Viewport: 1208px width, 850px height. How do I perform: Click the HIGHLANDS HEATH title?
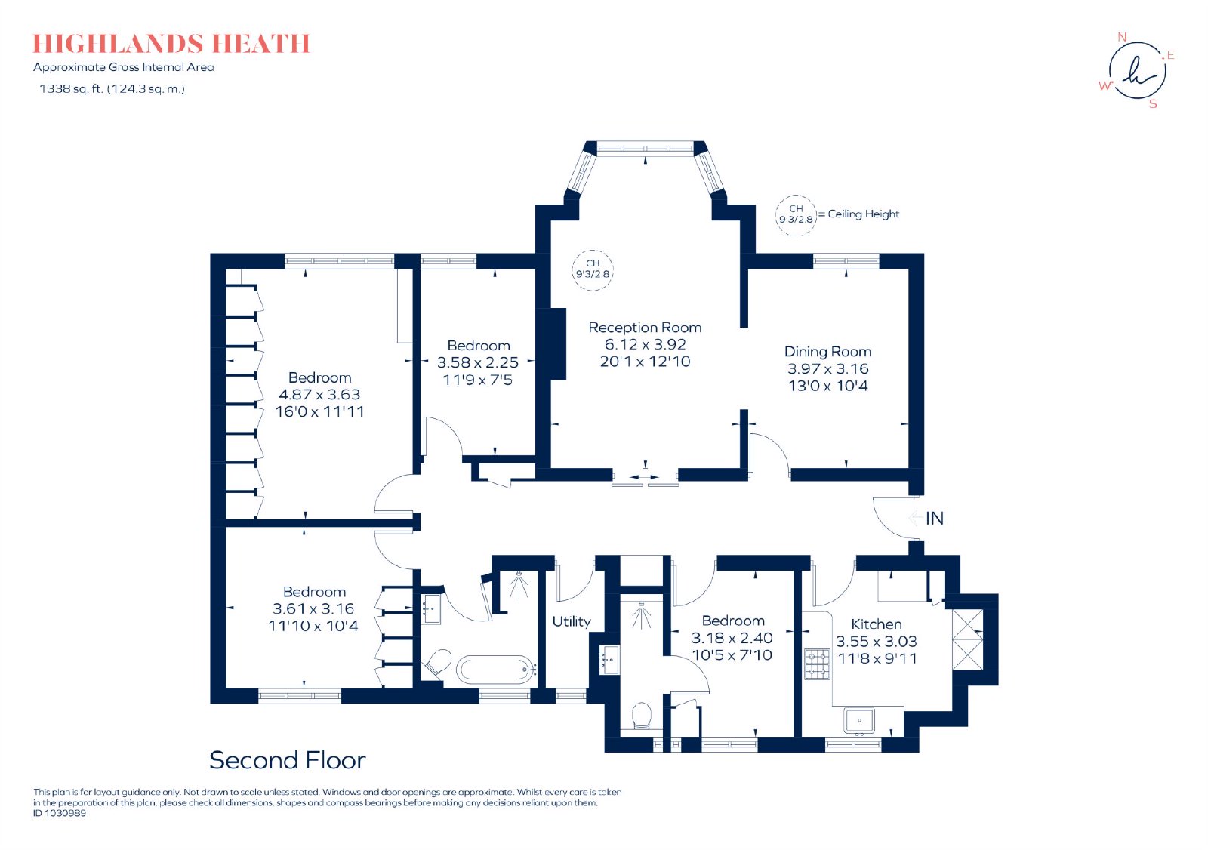pos(171,44)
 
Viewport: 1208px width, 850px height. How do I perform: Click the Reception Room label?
pos(645,328)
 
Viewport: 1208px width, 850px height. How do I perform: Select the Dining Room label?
pos(827,352)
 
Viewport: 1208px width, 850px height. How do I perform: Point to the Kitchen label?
pos(877,624)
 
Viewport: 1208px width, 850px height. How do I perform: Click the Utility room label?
pos(572,621)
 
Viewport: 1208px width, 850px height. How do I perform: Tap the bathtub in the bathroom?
pos(496,670)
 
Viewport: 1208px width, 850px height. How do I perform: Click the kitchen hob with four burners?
pos(817,664)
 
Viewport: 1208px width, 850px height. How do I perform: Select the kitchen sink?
pos(860,722)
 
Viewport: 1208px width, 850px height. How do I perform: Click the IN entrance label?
pos(935,519)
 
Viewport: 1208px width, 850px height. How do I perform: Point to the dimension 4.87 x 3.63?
pos(319,394)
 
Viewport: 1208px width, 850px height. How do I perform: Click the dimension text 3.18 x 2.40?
pos(732,638)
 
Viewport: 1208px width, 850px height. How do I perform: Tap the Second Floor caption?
pos(288,760)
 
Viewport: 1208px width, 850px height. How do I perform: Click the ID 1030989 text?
pos(60,813)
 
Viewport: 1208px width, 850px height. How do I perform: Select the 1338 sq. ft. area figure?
pos(71,88)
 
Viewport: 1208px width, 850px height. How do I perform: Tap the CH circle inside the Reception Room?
pos(593,270)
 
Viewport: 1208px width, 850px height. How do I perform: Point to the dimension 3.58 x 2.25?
pos(478,362)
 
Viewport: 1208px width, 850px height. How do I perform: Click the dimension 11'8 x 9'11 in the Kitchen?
pos(877,658)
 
